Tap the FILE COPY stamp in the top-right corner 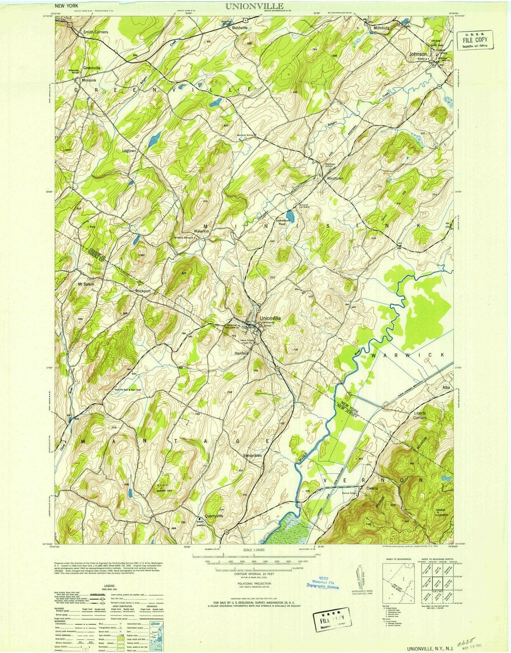click(475, 40)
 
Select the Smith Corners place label click(96, 32)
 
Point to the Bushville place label click(240, 28)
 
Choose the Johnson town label click(418, 54)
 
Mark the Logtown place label click(129, 150)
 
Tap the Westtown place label click(335, 179)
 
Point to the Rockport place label click(143, 291)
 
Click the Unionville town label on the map click(270, 318)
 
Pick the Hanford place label click(242, 353)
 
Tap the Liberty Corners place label click(420, 415)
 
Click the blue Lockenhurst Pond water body click(291, 217)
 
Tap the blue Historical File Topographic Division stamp click(326, 583)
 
